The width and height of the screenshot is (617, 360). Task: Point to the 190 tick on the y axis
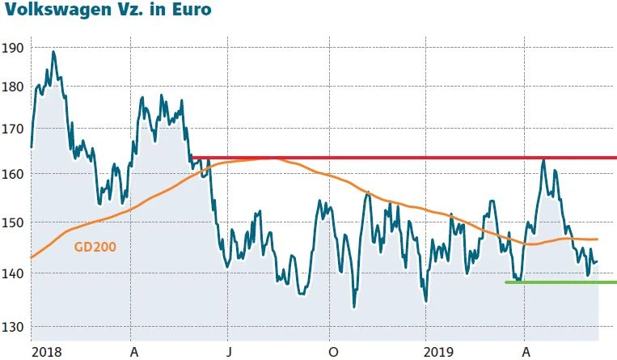pyautogui.click(x=13, y=48)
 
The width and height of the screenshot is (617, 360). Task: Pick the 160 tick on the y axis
pyautogui.click(x=13, y=174)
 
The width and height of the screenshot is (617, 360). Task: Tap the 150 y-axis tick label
pyautogui.click(x=13, y=222)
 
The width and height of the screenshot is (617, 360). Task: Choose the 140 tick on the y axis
pyautogui.click(x=13, y=273)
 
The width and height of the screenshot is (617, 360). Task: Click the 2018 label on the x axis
pyautogui.click(x=46, y=352)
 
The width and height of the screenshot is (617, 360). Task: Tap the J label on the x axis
pyautogui.click(x=229, y=352)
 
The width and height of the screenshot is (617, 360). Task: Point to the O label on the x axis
pyautogui.click(x=333, y=352)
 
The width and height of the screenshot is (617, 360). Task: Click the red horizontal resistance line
pyautogui.click(x=404, y=158)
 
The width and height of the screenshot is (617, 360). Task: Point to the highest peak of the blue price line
pyautogui.click(x=53, y=53)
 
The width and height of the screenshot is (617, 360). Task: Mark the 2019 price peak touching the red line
pyautogui.click(x=543, y=160)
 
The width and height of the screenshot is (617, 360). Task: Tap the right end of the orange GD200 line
pyautogui.click(x=596, y=239)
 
